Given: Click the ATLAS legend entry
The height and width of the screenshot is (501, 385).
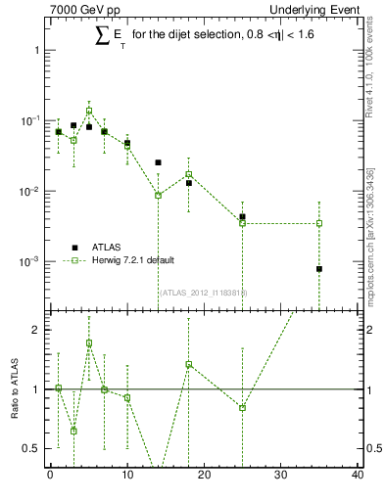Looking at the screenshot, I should (x=107, y=248).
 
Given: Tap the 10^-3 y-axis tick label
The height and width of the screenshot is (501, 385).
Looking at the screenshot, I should (x=27, y=262).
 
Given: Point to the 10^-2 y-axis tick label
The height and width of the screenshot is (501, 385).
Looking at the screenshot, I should (x=27, y=191).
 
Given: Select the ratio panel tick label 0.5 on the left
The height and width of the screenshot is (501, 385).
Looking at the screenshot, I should (x=31, y=448).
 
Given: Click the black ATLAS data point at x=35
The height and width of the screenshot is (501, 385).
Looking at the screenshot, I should (x=319, y=269).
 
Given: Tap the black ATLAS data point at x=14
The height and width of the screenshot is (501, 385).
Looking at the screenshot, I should (x=158, y=162).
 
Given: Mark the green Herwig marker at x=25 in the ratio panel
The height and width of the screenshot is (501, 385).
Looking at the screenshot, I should (x=242, y=407).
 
